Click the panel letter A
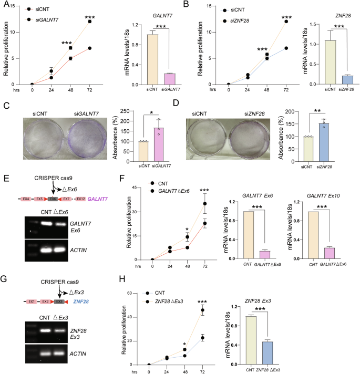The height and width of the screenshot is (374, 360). tap(5, 5)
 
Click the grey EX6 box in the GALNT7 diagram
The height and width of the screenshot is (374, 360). tap(53, 200)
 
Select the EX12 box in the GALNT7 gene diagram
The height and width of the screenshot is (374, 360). tap(80, 200)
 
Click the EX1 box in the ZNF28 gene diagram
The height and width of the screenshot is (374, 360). tap(33, 302)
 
